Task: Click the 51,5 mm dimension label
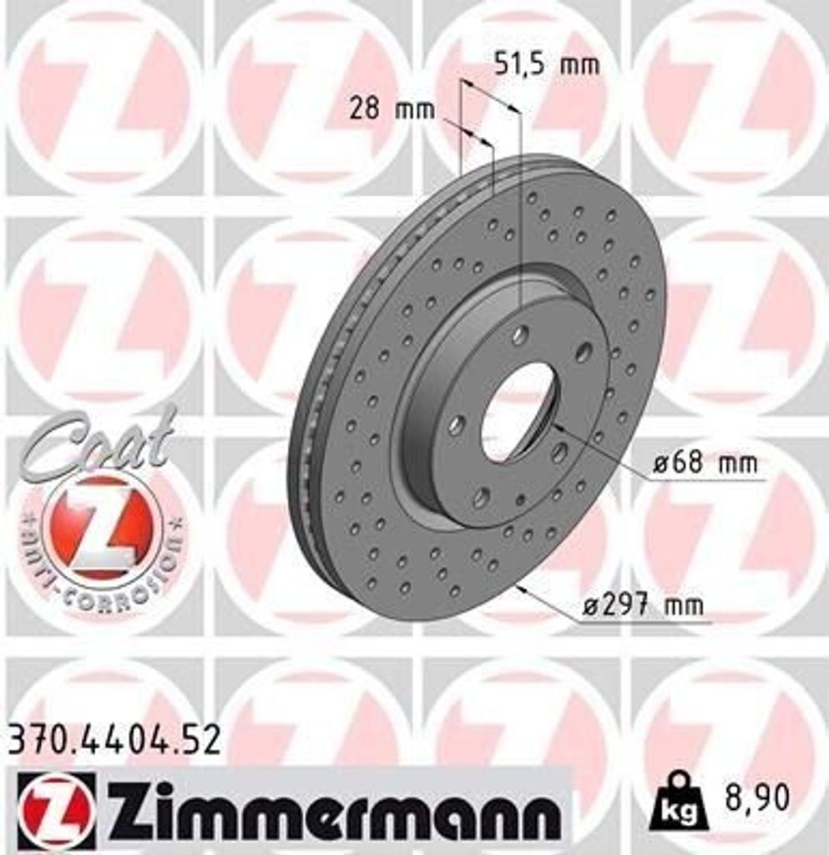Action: (x=546, y=64)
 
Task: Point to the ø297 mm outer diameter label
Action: (x=642, y=605)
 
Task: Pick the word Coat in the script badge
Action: (x=100, y=443)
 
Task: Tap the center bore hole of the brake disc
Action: (x=517, y=412)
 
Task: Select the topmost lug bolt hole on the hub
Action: (x=520, y=335)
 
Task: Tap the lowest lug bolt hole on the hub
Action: (x=481, y=498)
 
